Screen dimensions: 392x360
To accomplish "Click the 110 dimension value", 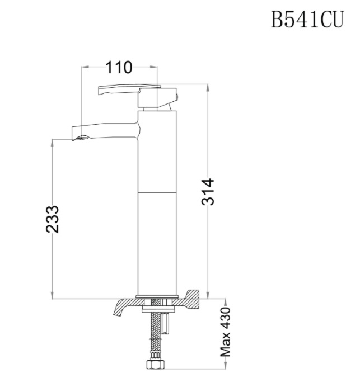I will [x=119, y=68].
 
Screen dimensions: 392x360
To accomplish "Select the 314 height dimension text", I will [x=208, y=192].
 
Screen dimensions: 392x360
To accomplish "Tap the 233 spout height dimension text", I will [x=52, y=219].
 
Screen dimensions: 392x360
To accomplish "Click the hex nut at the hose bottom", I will [x=154, y=365].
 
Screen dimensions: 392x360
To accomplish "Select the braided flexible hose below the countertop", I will [x=154, y=336].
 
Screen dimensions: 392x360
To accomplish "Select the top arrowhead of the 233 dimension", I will [x=52, y=142].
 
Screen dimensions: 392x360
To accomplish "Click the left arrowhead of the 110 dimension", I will [x=84, y=68].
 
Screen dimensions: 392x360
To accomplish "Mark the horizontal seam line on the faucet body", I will [x=157, y=192].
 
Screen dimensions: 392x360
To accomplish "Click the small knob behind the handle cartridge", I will [x=177, y=98].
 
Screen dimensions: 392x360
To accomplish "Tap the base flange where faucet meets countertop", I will [x=157, y=295].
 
